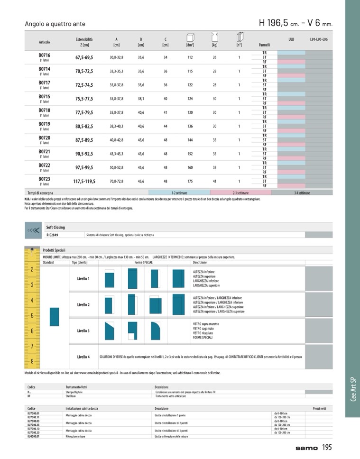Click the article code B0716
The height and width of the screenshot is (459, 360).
(44, 55)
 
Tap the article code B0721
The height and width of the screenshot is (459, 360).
(44, 152)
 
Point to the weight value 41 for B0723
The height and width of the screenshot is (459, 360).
(214, 181)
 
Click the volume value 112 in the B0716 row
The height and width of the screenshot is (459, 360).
(190, 57)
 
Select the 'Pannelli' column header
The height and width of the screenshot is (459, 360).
(264, 45)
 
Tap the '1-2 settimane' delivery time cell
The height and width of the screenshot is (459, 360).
(180, 193)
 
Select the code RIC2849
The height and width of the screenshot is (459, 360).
(52, 234)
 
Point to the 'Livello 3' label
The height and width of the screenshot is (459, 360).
(83, 330)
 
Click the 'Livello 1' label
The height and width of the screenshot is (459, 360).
(83, 278)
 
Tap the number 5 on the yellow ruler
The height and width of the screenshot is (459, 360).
(32, 315)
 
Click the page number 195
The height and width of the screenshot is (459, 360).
(327, 447)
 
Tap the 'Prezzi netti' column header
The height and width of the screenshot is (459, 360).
(322, 408)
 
